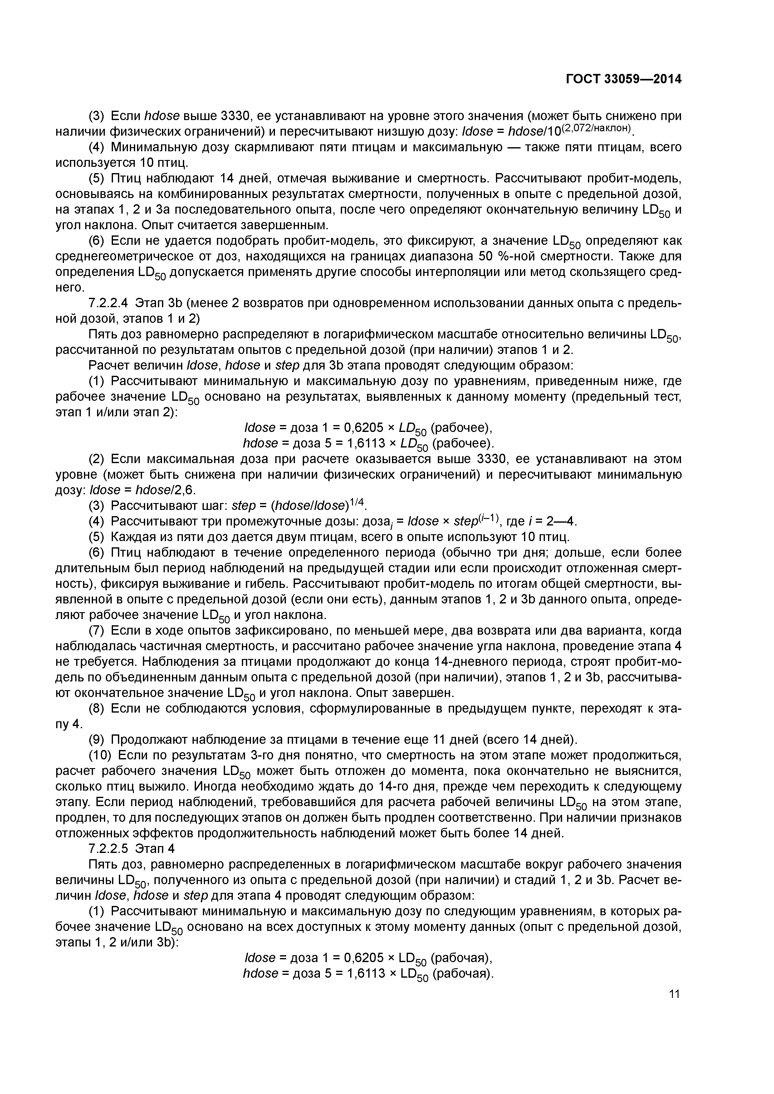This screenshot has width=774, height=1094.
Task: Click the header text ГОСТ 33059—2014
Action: click(623, 79)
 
